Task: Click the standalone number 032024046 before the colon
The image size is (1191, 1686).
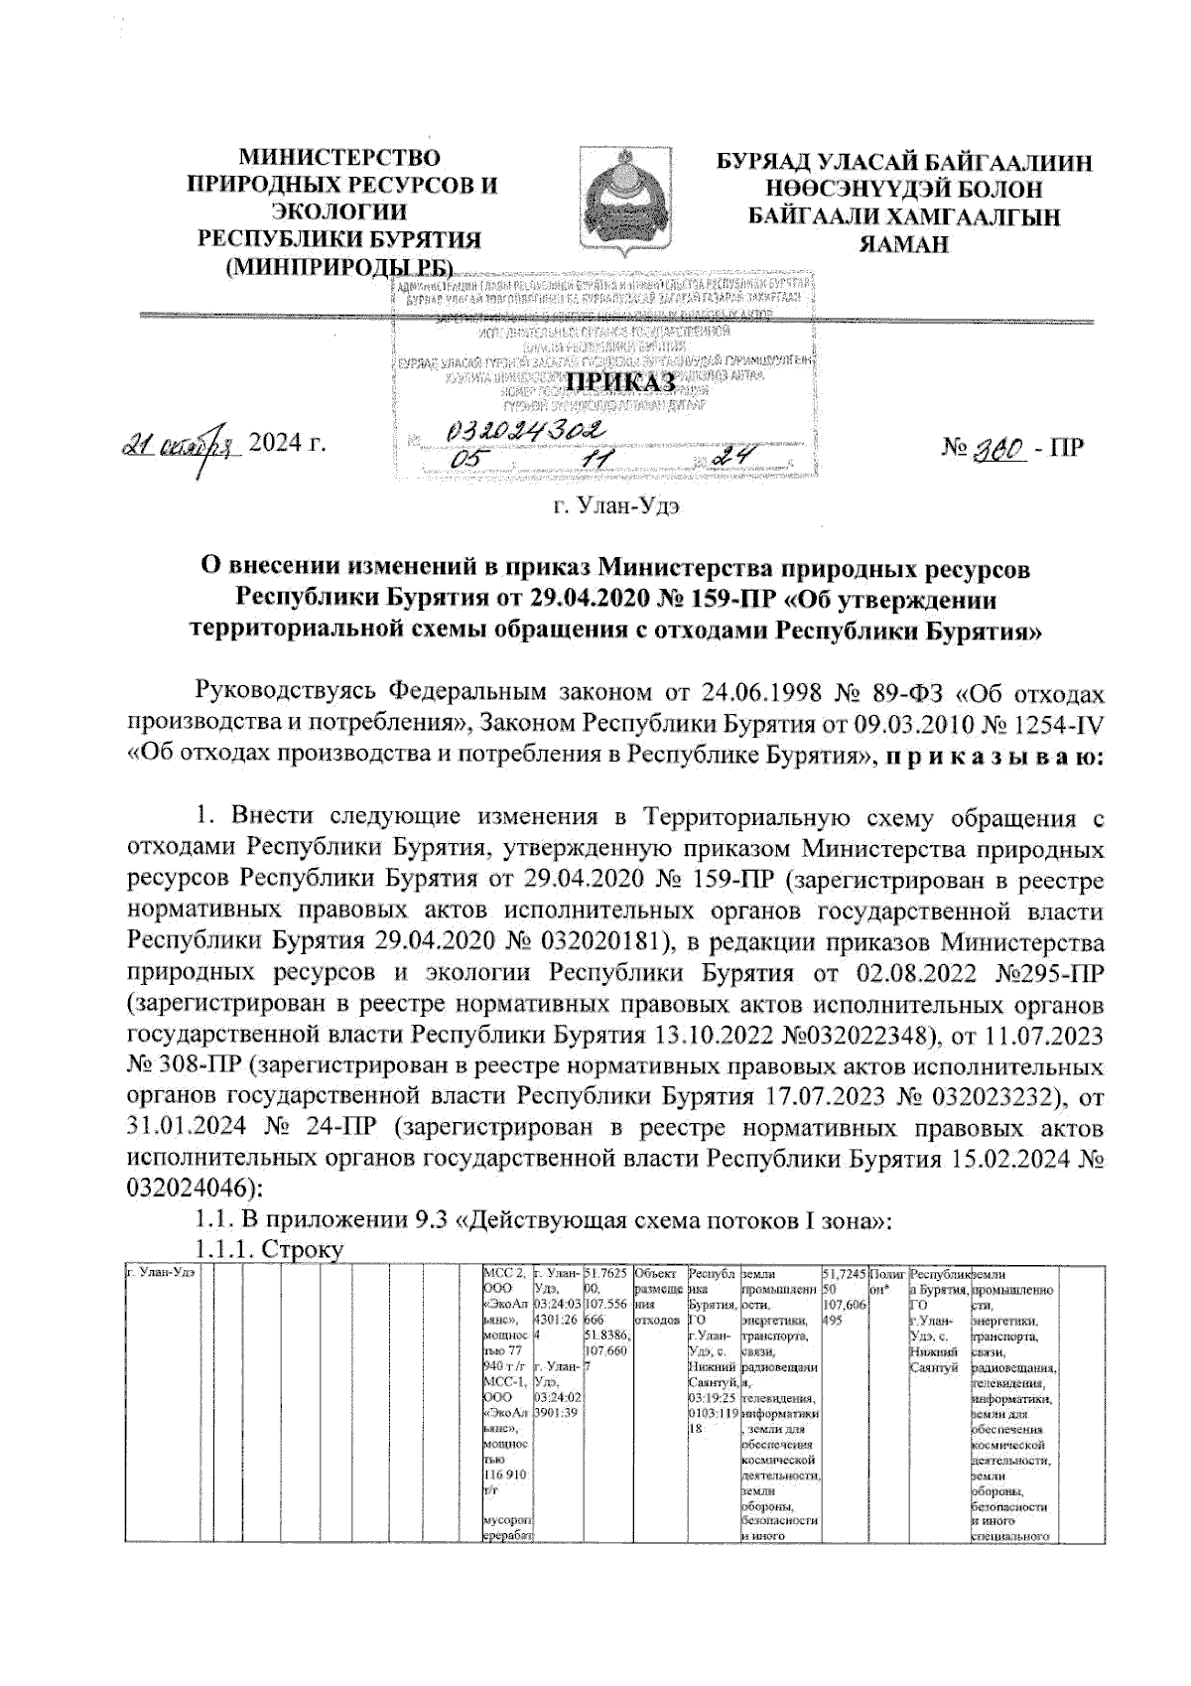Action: pos(192,1186)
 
